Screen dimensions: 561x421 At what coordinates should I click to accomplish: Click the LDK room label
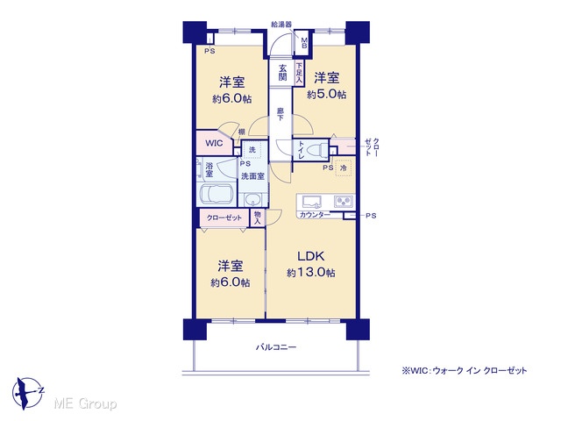[x=311, y=256]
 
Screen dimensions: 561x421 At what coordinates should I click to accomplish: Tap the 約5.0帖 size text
[x=327, y=95]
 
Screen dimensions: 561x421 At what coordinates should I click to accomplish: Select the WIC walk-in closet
[x=214, y=143]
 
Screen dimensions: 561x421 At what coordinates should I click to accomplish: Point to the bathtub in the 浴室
[x=216, y=195]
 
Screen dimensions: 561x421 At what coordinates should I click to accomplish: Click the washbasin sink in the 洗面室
[x=253, y=199]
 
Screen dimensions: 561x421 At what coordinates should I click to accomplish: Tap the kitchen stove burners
[x=344, y=202]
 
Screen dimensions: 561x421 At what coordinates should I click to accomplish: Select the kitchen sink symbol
[x=312, y=202]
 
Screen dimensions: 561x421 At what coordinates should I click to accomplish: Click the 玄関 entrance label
[x=282, y=72]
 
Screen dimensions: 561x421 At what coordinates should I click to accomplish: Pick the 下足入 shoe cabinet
[x=299, y=74]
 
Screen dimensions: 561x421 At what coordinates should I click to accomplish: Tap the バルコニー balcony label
[x=276, y=347]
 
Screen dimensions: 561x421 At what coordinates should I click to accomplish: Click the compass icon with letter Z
[x=28, y=393]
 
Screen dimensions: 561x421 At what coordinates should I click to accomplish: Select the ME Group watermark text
[x=85, y=403]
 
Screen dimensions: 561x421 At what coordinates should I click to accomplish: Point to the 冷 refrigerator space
[x=344, y=168]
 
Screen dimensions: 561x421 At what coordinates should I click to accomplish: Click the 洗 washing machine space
[x=252, y=150]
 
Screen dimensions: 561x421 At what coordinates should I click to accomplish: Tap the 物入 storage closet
[x=257, y=218]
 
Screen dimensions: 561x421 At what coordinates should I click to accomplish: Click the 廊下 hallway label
[x=280, y=114]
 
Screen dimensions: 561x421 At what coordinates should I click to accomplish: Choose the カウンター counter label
[x=315, y=215]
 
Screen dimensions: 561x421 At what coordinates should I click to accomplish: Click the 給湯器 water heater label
[x=281, y=24]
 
